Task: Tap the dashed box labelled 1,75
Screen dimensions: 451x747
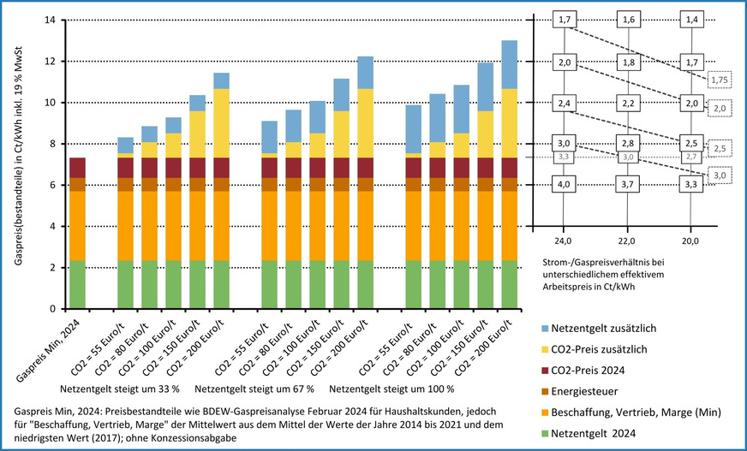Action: click(x=719, y=80)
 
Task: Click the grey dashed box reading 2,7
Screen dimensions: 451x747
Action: click(x=691, y=157)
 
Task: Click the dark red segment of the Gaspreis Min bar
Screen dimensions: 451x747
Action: click(x=77, y=168)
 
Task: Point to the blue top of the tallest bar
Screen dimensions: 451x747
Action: click(x=509, y=64)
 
